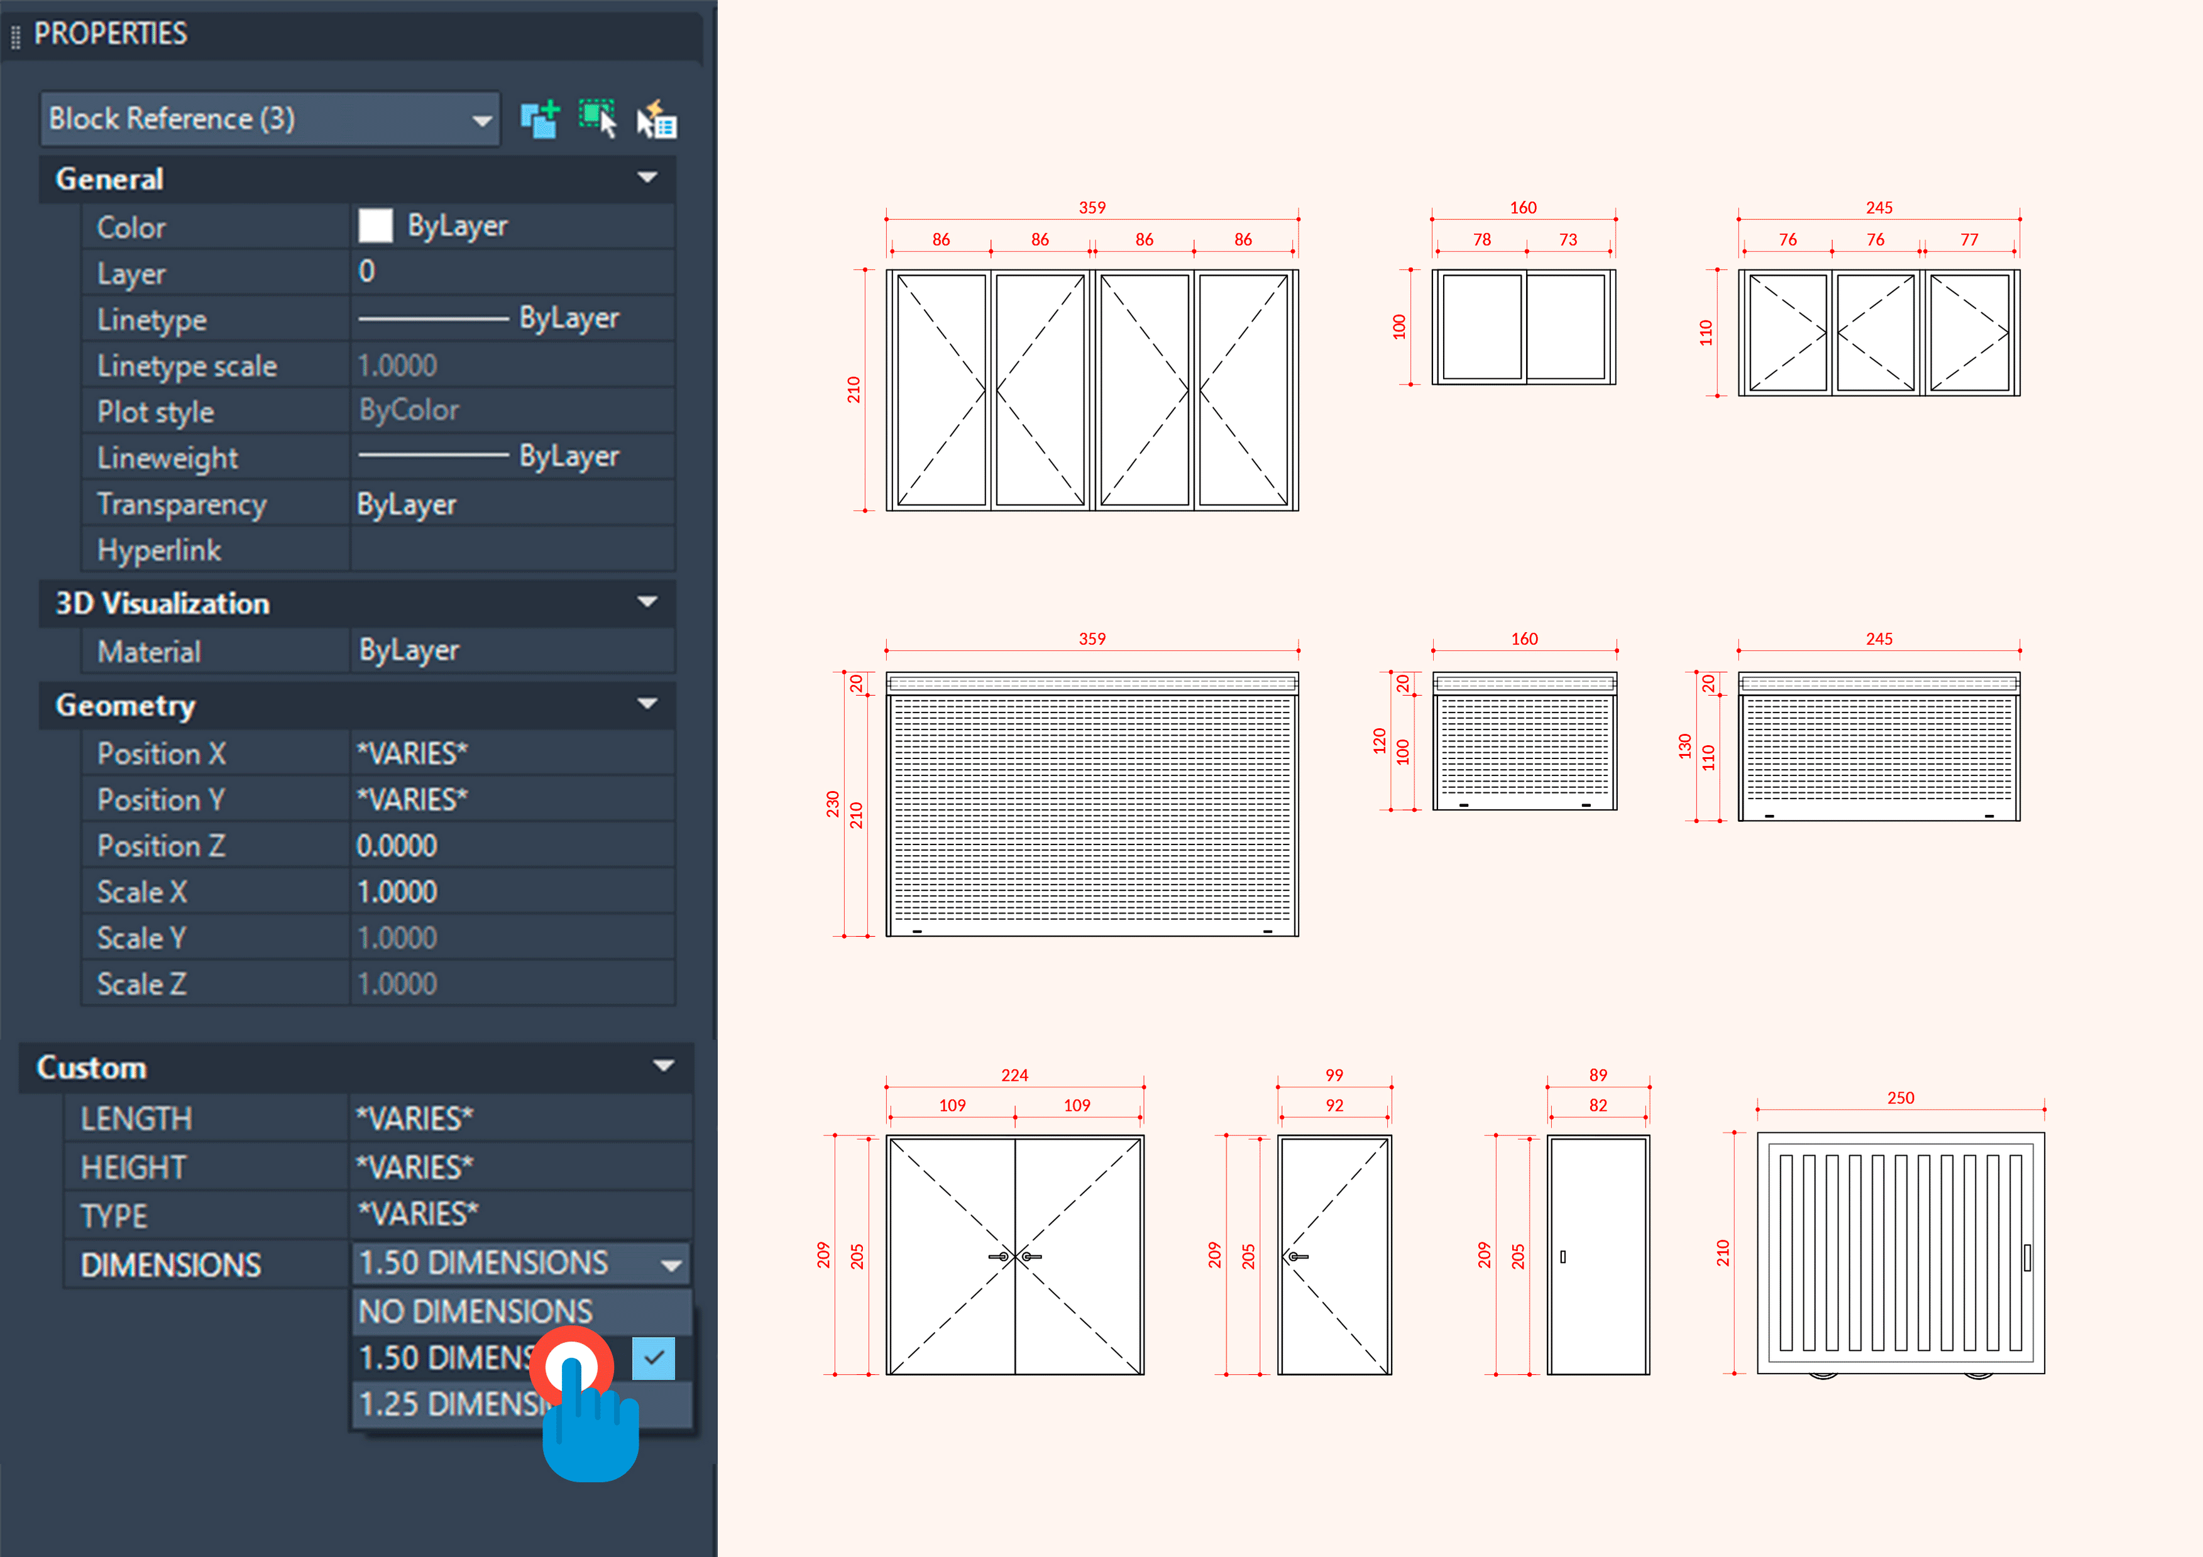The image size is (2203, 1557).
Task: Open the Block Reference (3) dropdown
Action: coord(480,121)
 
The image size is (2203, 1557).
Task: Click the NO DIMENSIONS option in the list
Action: coord(475,1311)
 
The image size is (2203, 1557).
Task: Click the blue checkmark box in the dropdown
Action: coord(654,1357)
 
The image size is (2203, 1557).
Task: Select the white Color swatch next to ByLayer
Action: coord(375,226)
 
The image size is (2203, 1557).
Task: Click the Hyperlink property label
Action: coord(159,550)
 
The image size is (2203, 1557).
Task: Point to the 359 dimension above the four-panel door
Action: coord(1092,207)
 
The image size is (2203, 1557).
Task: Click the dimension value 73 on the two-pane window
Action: coord(1568,239)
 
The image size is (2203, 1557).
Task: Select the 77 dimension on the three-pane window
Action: coord(1969,239)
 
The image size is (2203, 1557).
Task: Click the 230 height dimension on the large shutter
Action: coord(832,804)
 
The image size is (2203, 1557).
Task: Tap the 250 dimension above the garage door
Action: coord(1900,1098)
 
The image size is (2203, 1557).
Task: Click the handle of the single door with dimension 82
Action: coord(1563,1257)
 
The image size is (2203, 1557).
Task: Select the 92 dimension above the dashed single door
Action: coord(1334,1105)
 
